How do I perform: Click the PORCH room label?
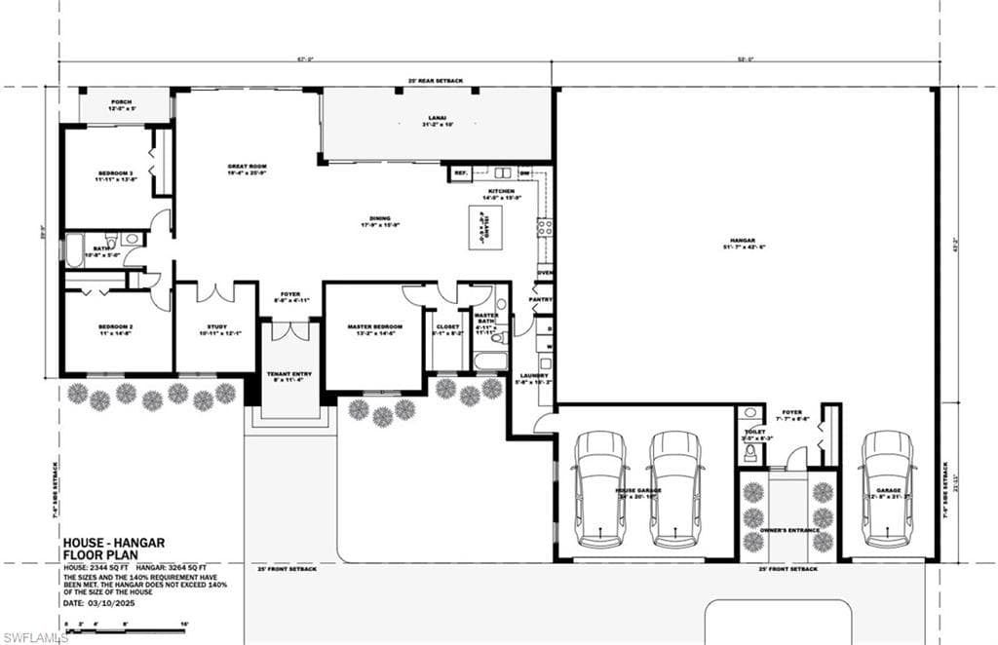[x=122, y=101]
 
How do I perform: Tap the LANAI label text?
[x=436, y=121]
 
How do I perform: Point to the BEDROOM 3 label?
[x=115, y=175]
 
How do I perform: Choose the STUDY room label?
[x=216, y=328]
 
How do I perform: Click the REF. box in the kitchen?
[x=461, y=173]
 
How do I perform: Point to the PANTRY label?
[x=541, y=299]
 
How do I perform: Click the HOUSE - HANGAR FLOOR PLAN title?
[x=114, y=550]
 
